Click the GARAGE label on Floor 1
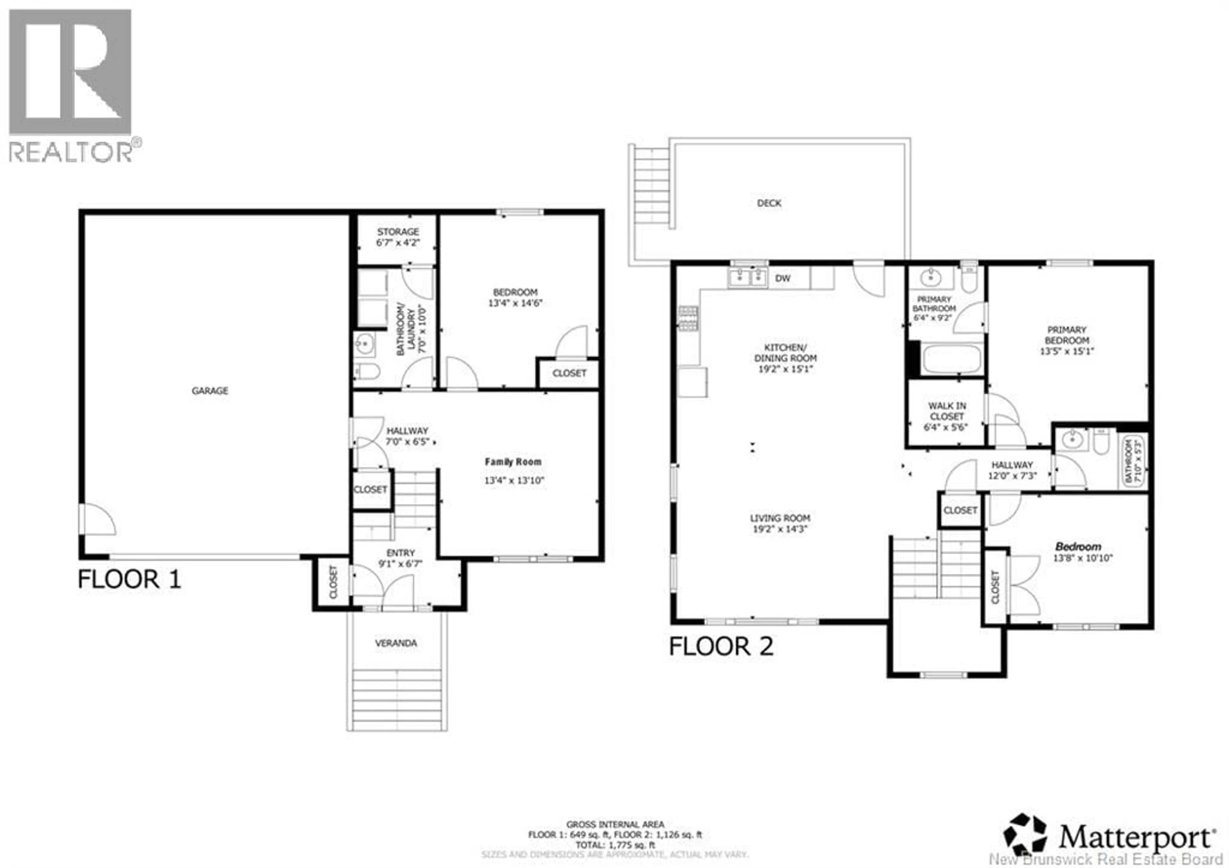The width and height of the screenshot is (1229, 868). pyautogui.click(x=210, y=391)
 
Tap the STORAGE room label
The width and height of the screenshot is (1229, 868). pyautogui.click(x=398, y=232)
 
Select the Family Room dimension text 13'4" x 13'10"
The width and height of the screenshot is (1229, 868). pyautogui.click(x=514, y=480)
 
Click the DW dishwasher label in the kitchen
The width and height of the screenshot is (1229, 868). pyautogui.click(x=783, y=279)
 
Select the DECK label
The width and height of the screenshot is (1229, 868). pyautogui.click(x=769, y=203)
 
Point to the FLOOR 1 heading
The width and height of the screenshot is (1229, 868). pyautogui.click(x=130, y=580)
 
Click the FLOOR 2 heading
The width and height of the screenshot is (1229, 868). pyautogui.click(x=721, y=646)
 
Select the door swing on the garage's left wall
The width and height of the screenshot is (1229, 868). pyautogui.click(x=97, y=519)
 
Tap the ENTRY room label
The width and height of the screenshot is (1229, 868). pyautogui.click(x=400, y=553)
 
